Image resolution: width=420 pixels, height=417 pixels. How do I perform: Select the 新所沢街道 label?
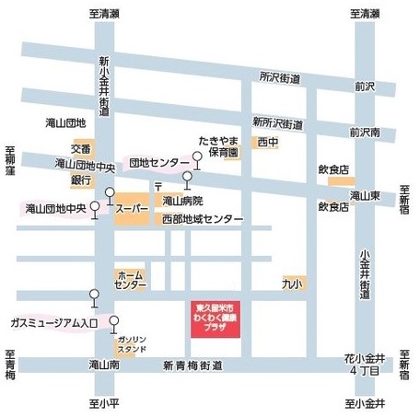(278, 123)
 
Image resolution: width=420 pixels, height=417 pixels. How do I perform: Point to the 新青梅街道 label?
(192, 365)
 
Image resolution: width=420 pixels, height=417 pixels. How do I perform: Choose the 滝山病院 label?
(182, 200)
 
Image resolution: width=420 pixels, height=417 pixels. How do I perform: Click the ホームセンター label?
(130, 280)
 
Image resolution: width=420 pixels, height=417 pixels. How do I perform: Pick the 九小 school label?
(293, 284)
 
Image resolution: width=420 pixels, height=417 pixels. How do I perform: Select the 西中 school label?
(268, 143)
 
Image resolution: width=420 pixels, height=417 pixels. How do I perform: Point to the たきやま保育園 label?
(219, 147)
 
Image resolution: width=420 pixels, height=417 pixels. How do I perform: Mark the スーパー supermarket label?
(132, 209)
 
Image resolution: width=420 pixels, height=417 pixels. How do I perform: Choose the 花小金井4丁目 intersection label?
(366, 363)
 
